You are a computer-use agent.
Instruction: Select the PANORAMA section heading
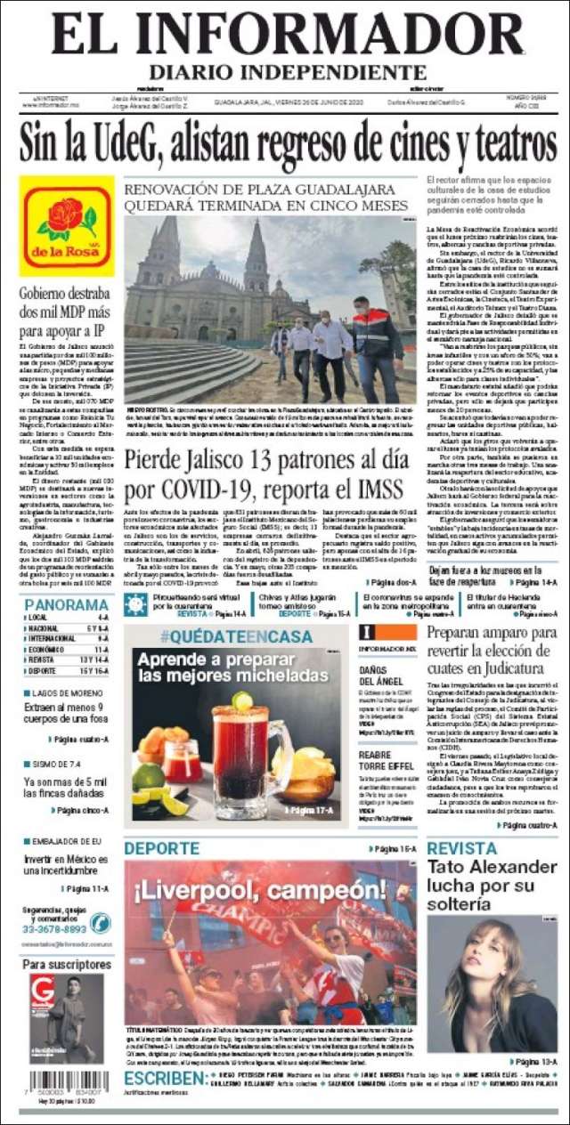click(67, 605)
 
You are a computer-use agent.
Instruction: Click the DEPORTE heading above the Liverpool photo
click(161, 849)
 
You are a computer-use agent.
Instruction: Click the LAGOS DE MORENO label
click(70, 692)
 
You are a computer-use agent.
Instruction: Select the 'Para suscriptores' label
click(67, 964)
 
